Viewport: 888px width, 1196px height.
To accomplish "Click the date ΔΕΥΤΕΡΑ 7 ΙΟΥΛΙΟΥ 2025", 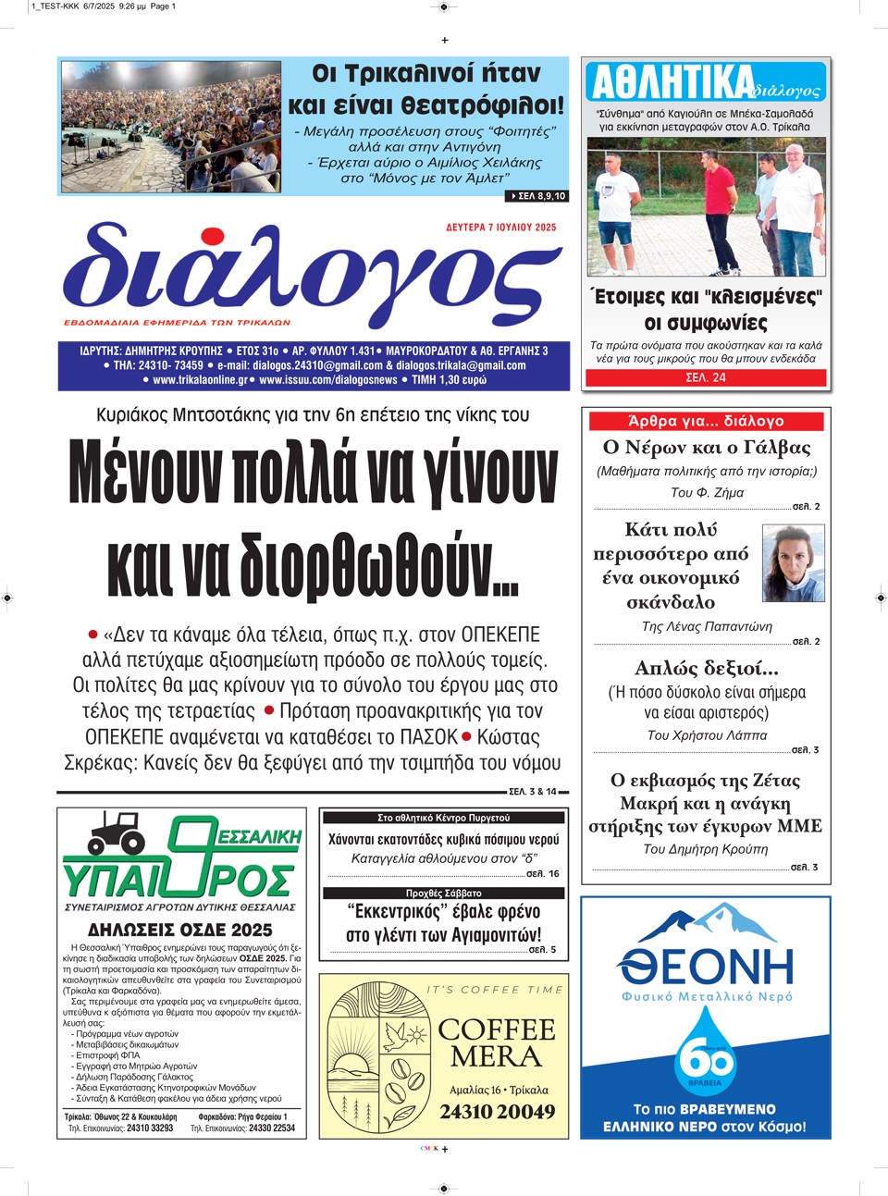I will (x=500, y=228).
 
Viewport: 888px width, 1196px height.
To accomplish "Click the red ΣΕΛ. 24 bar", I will (x=706, y=377).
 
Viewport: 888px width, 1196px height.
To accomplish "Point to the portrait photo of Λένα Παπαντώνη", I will (x=793, y=563).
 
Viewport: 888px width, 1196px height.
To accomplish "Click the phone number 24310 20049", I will (x=497, y=1112).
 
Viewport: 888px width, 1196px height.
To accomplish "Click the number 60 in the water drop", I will (x=706, y=1056).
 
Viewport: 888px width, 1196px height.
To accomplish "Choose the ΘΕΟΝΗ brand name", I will (x=706, y=967).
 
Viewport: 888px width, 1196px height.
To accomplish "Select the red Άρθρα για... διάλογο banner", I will (x=706, y=421).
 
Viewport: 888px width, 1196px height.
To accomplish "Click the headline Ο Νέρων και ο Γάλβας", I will (x=706, y=448).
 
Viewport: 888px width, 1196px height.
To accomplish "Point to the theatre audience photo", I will (x=170, y=126).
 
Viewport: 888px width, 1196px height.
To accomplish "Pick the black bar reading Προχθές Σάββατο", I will (x=443, y=894).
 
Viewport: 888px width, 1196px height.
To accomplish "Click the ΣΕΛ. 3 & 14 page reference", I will (x=533, y=792).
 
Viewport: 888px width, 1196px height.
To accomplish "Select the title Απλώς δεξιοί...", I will (x=706, y=668).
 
